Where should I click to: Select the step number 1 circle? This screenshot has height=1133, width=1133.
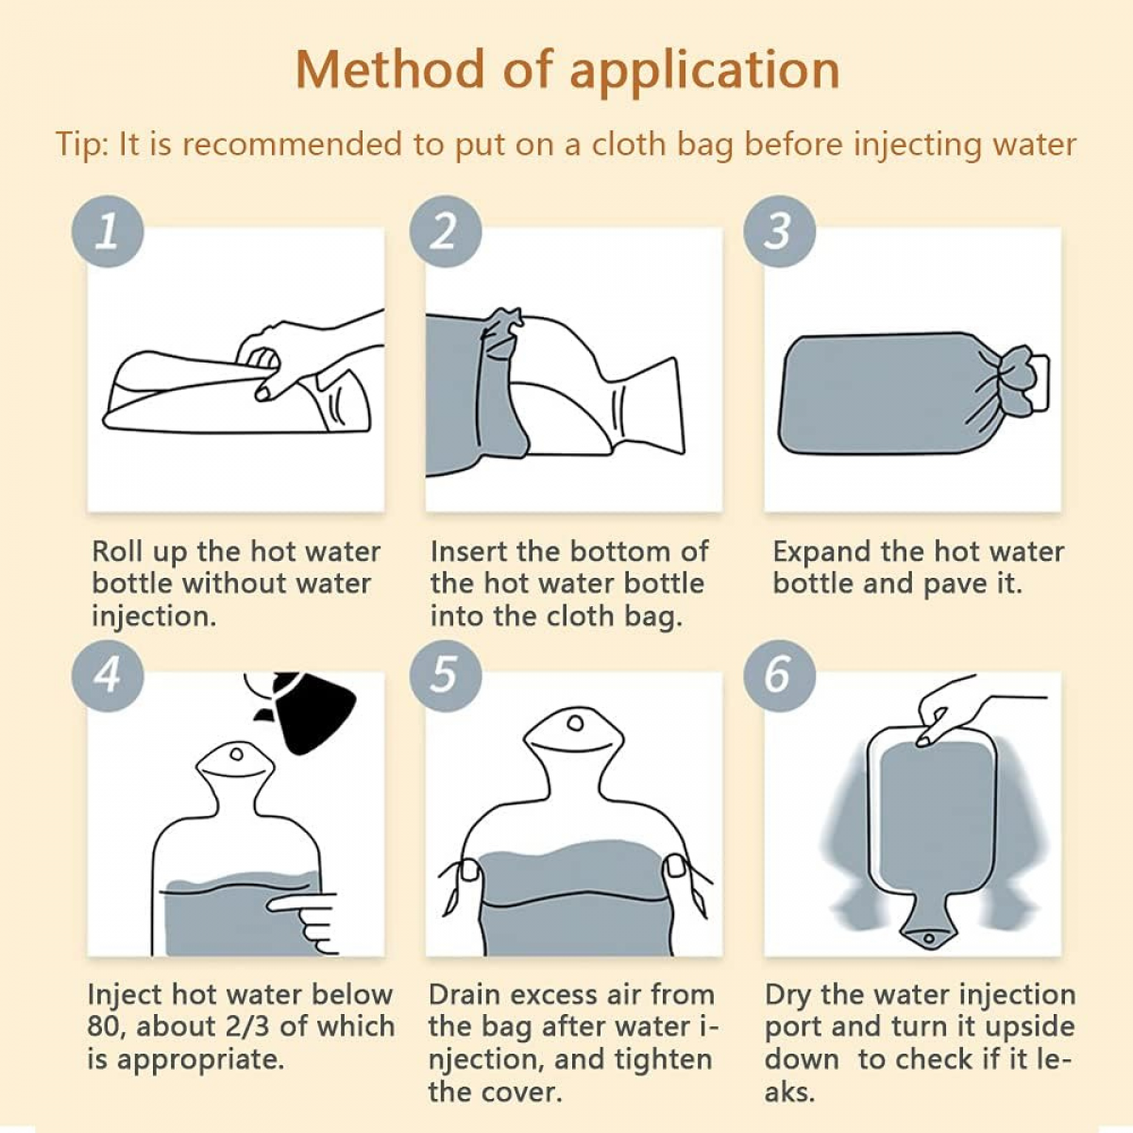pos(108,231)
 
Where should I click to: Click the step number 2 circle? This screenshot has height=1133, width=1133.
pos(446,231)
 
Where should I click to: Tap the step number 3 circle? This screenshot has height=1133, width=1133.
pos(780,231)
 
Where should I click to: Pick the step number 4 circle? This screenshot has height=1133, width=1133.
pos(108,676)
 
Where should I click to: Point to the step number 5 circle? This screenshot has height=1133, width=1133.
pos(446,676)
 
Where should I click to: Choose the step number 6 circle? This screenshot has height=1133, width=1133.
pos(780,676)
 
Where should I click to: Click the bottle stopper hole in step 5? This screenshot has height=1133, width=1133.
pos(575,723)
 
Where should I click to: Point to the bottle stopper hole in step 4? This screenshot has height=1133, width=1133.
pos(236,754)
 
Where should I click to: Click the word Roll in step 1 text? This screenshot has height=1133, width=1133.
pos(117,551)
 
